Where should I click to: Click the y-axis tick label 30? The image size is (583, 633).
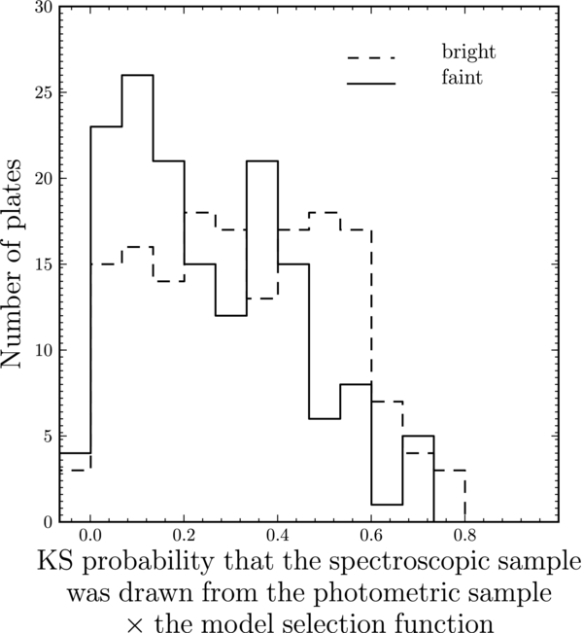(x=44, y=8)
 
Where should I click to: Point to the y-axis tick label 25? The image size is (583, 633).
(x=44, y=93)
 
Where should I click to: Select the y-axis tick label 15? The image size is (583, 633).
(x=44, y=264)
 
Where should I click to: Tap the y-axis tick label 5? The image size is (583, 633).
(x=48, y=436)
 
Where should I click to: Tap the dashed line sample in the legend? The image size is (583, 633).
(x=372, y=58)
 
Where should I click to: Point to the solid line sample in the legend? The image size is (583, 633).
(x=372, y=85)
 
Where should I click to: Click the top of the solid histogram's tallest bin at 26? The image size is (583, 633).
(x=137, y=76)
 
